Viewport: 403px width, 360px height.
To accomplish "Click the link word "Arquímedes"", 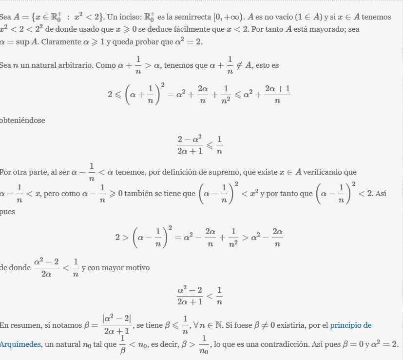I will coord(20,344).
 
